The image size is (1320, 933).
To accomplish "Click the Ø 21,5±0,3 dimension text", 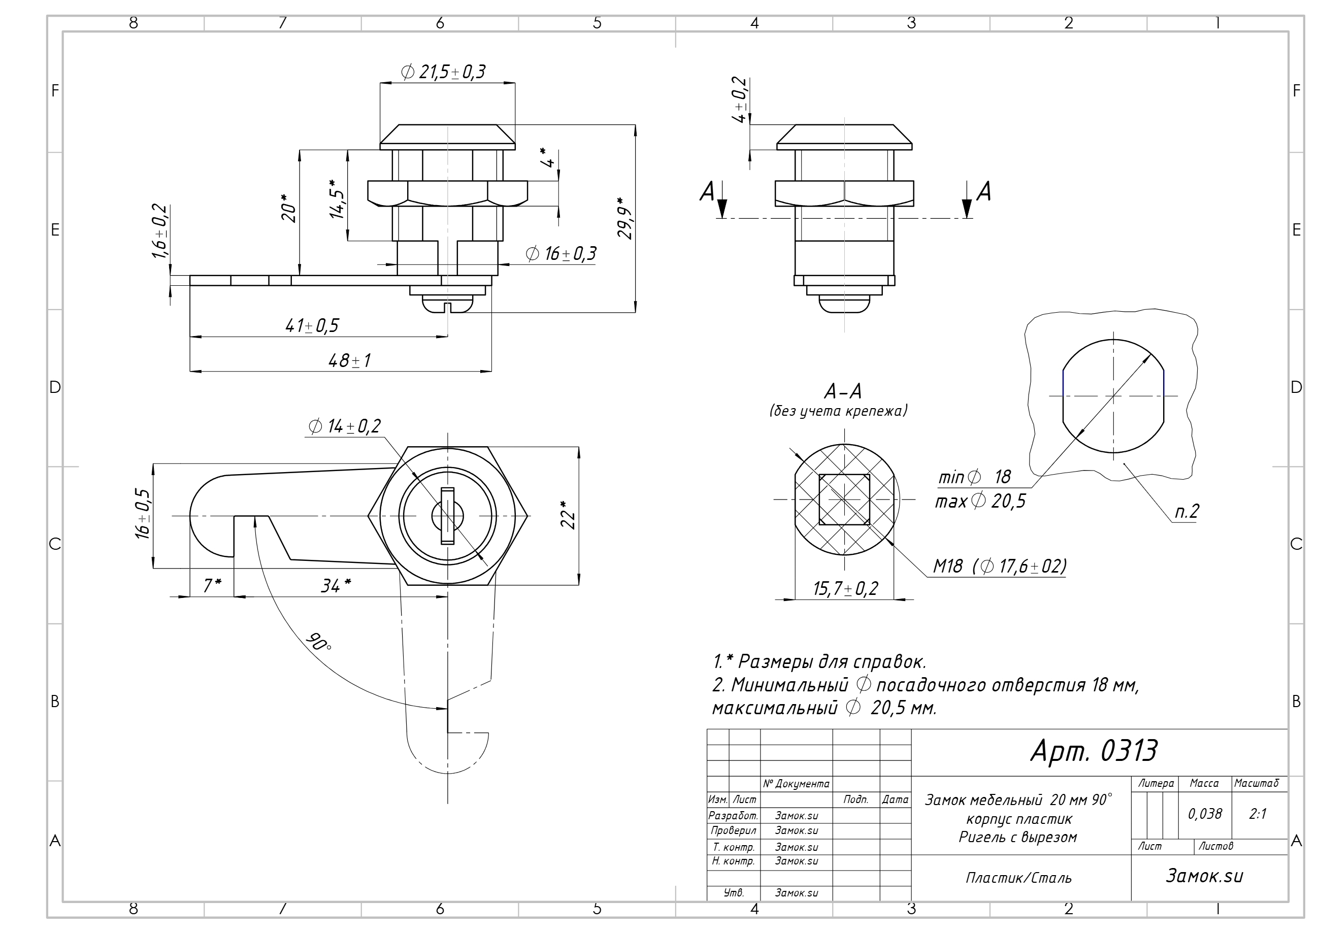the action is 443,73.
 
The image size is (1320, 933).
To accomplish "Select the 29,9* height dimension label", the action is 625,218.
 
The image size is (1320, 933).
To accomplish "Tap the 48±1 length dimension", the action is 350,360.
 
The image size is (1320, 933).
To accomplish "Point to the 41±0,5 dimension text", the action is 312,326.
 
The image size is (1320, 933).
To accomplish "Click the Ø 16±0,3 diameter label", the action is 561,253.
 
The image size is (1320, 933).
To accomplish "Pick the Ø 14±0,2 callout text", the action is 344,426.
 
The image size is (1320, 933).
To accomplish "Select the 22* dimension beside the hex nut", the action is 568,515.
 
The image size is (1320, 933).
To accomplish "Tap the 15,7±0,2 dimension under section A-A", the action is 845,589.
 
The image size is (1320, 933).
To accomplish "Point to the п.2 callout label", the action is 1186,511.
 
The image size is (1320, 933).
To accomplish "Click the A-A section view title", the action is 843,391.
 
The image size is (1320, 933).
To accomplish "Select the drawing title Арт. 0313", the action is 1094,751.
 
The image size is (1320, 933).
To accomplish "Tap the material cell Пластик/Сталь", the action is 1018,878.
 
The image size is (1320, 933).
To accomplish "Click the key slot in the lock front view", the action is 447,516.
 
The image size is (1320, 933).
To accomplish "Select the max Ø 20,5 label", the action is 980,502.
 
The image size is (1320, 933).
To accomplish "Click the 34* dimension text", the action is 336,586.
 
